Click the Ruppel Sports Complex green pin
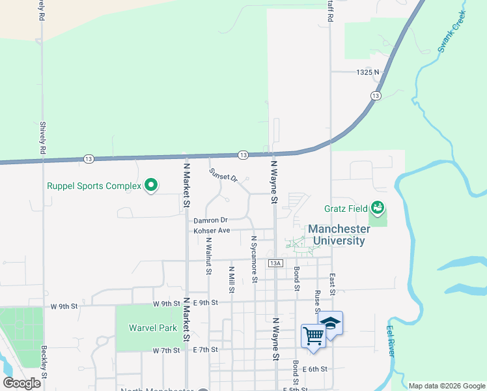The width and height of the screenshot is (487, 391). pyautogui.click(x=151, y=186)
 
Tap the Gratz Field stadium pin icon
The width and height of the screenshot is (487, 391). pyautogui.click(x=378, y=209)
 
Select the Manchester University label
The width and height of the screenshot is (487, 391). pyautogui.click(x=336, y=235)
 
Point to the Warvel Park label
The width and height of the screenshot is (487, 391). pyautogui.click(x=152, y=328)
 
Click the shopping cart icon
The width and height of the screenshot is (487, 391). pyautogui.click(x=313, y=336)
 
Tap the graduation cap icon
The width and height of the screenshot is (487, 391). pyautogui.click(x=331, y=323)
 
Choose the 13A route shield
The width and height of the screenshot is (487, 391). pyautogui.click(x=275, y=263)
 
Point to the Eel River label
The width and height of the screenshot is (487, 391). pyautogui.click(x=391, y=340)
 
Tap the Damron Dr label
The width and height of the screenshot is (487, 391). pyautogui.click(x=210, y=220)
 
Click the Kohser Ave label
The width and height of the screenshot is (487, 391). pyautogui.click(x=212, y=231)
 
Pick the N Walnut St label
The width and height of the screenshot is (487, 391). pyautogui.click(x=209, y=255)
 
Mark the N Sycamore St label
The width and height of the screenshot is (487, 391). pyautogui.click(x=254, y=259)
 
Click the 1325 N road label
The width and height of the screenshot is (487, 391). pyautogui.click(x=367, y=72)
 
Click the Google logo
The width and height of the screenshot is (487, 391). pyautogui.click(x=22, y=383)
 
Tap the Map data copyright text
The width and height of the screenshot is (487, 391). pyautogui.click(x=446, y=385)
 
